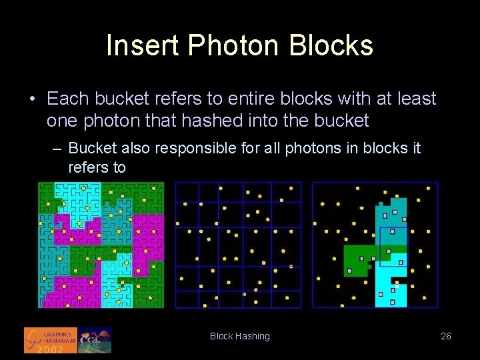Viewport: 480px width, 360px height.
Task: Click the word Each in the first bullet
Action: point(67,99)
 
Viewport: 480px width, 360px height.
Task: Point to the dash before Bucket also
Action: point(57,148)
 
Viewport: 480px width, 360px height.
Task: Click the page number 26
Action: point(446,336)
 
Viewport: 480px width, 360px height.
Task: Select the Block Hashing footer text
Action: point(240,336)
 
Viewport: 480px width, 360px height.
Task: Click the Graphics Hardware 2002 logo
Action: point(51,340)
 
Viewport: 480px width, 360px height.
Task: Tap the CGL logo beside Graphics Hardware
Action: point(94,340)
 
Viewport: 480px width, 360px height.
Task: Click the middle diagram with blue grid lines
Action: point(238,245)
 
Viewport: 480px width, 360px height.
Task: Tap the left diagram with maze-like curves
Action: point(101,245)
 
